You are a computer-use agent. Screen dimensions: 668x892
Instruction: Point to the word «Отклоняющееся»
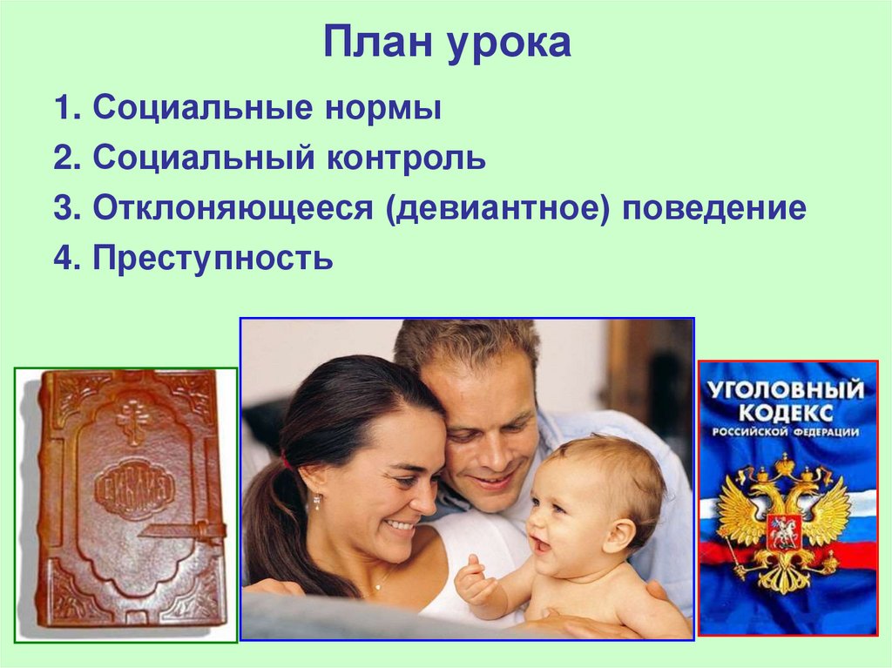tap(233, 209)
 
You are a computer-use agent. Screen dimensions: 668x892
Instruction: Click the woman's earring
tap(317, 501)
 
